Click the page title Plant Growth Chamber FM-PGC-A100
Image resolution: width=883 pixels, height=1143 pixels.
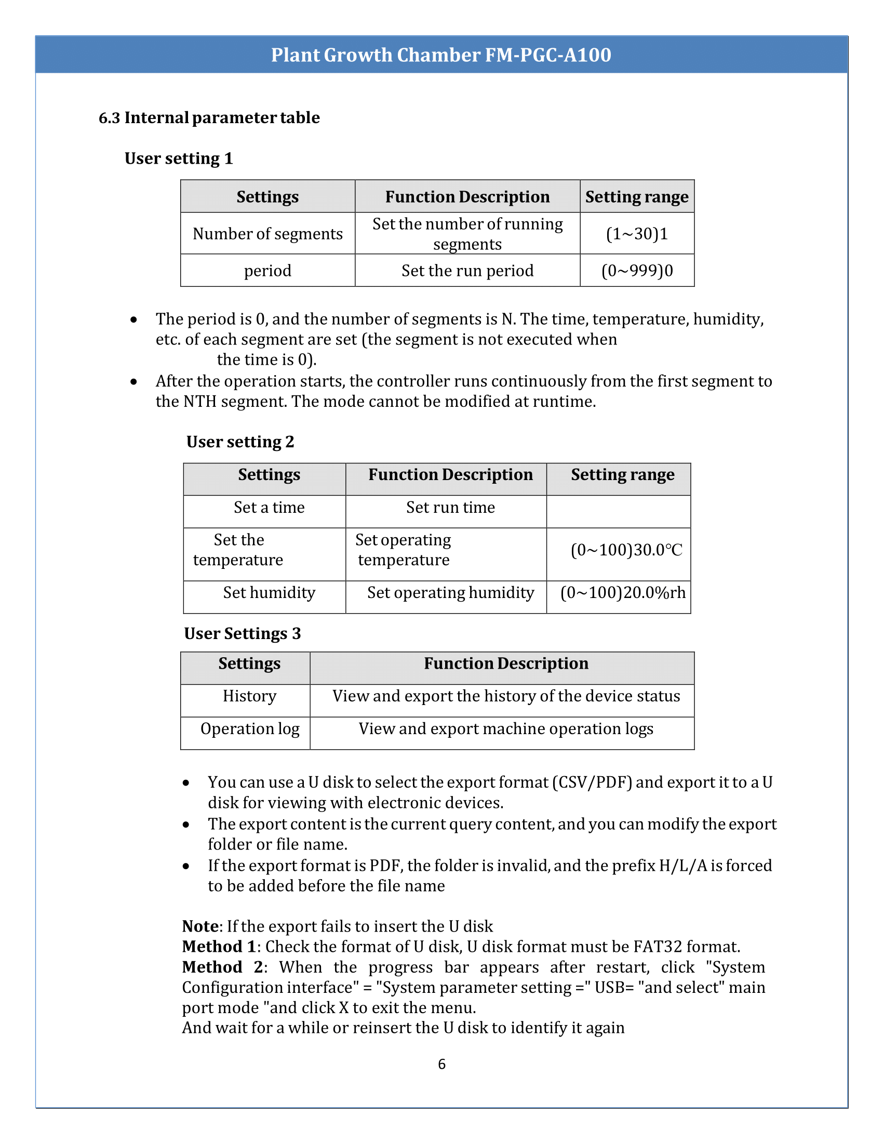click(441, 55)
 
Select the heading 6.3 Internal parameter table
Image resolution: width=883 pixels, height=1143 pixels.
click(209, 118)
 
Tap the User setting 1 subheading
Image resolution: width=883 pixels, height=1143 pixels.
click(178, 158)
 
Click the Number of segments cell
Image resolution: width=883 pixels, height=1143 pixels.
click(267, 234)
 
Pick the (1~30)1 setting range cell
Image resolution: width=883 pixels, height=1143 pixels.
click(637, 234)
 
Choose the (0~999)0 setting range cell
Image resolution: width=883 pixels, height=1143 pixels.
click(637, 271)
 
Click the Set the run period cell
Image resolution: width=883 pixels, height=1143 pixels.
click(467, 271)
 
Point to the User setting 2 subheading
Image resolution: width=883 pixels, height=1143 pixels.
click(240, 442)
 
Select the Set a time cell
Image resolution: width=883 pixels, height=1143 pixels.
click(269, 508)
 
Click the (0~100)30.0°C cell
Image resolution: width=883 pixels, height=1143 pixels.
click(626, 550)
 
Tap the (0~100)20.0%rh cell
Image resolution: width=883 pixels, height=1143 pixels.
click(622, 592)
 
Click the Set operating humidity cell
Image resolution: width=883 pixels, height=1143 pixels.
click(450, 592)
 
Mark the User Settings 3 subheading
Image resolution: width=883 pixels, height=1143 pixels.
click(242, 634)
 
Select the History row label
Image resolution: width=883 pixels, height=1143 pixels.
click(249, 696)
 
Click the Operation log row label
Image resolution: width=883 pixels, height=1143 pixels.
click(249, 729)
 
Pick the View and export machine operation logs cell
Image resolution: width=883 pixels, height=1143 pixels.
click(506, 729)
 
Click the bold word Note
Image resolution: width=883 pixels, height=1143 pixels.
click(200, 926)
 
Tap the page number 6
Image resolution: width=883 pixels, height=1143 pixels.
click(441, 1064)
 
